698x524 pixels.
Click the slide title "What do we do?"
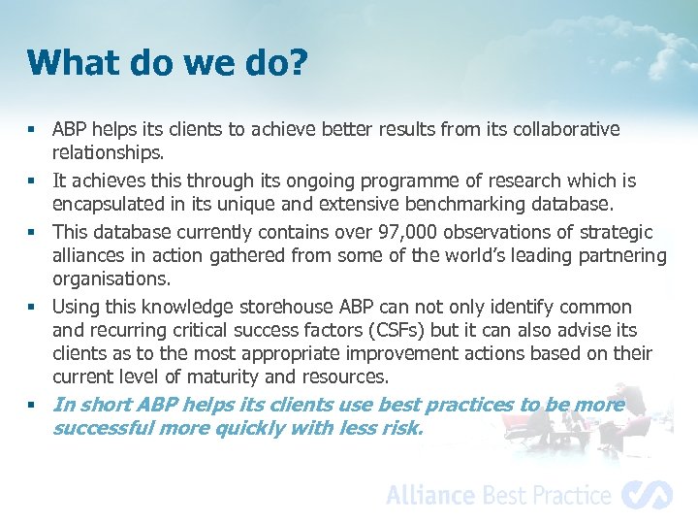[168, 63]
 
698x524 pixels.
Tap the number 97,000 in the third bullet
[385, 233]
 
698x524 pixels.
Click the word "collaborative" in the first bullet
[566, 129]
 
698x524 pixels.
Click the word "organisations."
[111, 279]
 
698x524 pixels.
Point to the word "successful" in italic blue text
[101, 428]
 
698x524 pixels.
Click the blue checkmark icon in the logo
[647, 495]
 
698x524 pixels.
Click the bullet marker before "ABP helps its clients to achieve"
[32, 130]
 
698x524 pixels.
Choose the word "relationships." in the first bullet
[109, 152]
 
